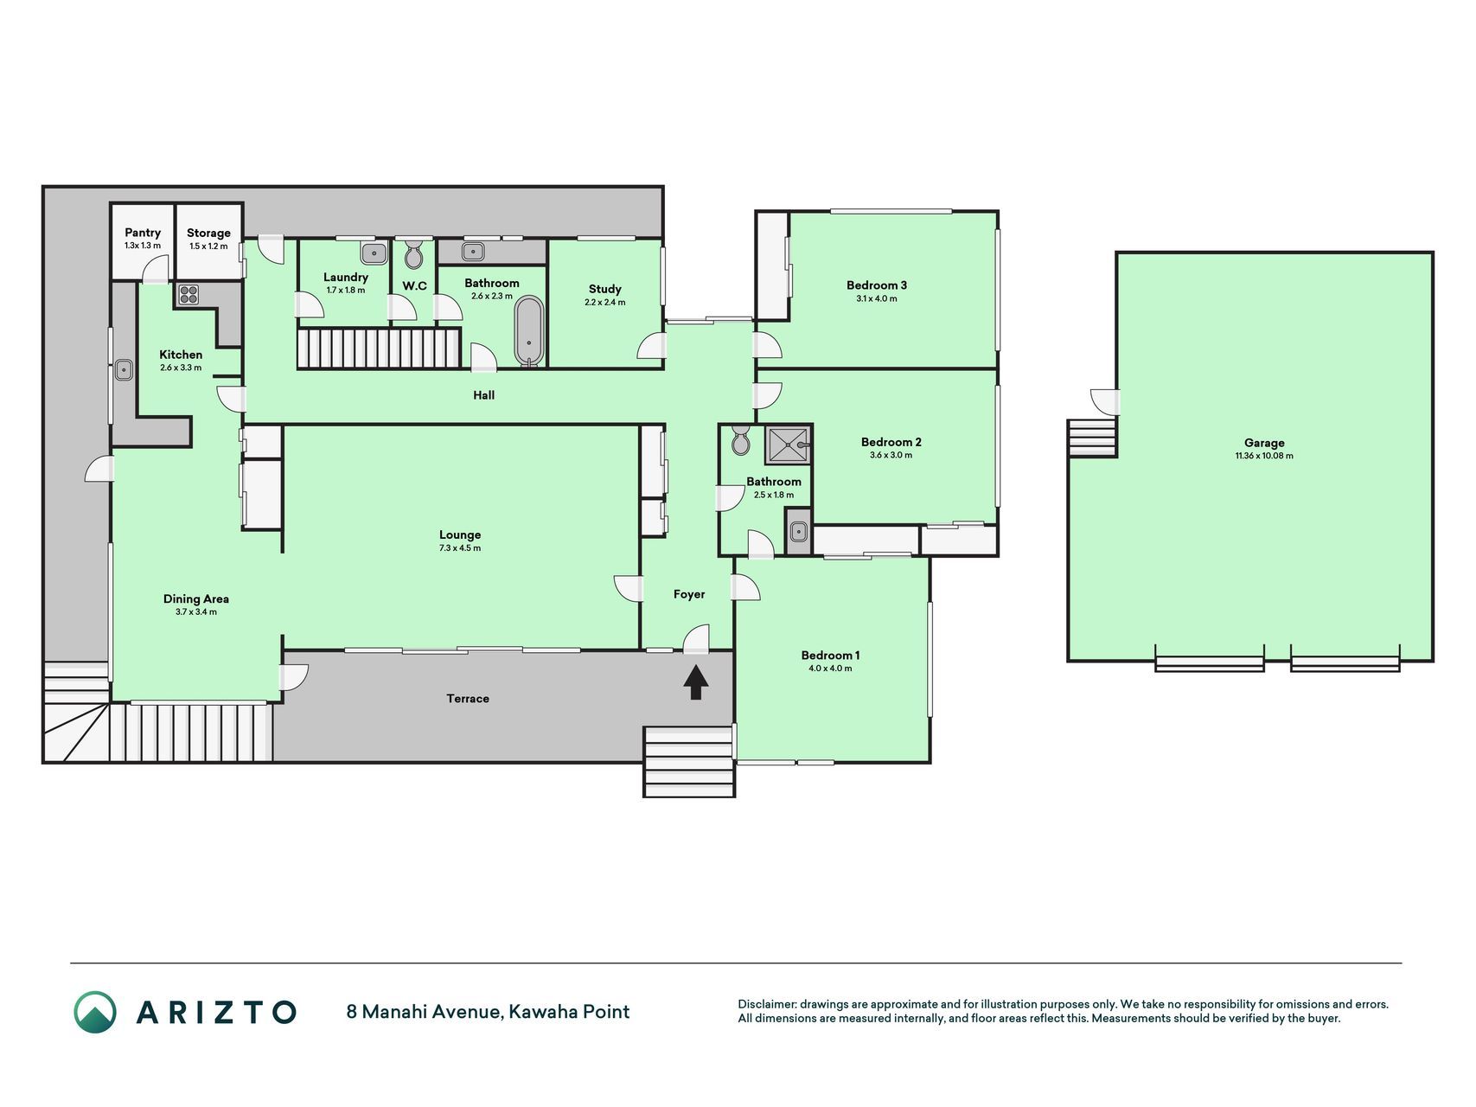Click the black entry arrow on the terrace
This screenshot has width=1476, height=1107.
[x=696, y=682]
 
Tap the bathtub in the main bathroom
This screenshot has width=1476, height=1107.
[x=529, y=331]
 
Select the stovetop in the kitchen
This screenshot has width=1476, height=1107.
[x=188, y=294]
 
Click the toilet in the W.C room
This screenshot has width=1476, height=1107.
[x=413, y=255]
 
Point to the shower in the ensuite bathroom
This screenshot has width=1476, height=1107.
[x=788, y=445]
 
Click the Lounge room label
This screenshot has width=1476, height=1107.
[x=460, y=534]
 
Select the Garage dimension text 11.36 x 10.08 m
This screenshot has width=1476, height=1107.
[x=1264, y=456]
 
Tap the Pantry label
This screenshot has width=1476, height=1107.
[x=143, y=233]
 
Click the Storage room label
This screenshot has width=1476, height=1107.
[x=208, y=233]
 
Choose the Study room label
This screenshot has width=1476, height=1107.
[x=605, y=289]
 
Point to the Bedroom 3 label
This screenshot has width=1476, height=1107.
[x=877, y=285]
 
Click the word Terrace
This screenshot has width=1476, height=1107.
[x=468, y=699]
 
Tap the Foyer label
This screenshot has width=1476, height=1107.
[x=689, y=594]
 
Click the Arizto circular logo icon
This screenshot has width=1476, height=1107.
[x=95, y=1012]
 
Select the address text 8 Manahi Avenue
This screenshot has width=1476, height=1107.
[x=423, y=1012]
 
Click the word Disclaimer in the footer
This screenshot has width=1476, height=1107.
[x=766, y=1004]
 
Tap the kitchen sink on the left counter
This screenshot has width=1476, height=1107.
[x=124, y=370]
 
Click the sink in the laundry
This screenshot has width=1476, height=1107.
[x=374, y=253]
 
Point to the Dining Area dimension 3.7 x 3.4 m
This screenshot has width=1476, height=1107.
[x=196, y=612]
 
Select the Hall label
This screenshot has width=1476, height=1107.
[x=484, y=395]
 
